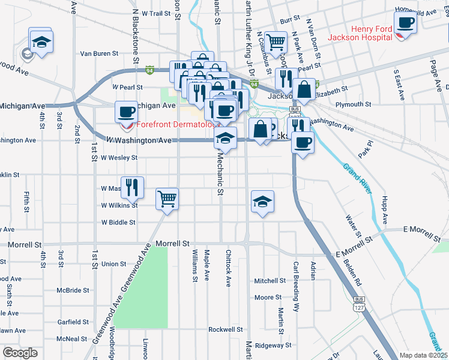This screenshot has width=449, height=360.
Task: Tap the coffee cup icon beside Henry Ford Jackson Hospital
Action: tap(405, 22)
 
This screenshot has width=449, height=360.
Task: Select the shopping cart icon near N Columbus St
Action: tap(276, 42)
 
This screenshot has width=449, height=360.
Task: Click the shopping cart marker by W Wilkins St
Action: tap(167, 198)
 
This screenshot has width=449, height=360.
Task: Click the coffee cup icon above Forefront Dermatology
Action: tap(126, 112)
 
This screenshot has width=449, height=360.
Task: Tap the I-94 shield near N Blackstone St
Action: tap(149, 70)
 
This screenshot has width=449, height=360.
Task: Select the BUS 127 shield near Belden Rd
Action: tap(359, 310)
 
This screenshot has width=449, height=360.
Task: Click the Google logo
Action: tap(20, 353)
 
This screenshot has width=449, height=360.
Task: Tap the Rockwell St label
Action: tap(225, 329)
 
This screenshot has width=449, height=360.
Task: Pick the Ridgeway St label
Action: tap(273, 345)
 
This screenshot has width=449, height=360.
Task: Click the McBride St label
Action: tap(73, 290)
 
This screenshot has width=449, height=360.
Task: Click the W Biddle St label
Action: tap(118, 222)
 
